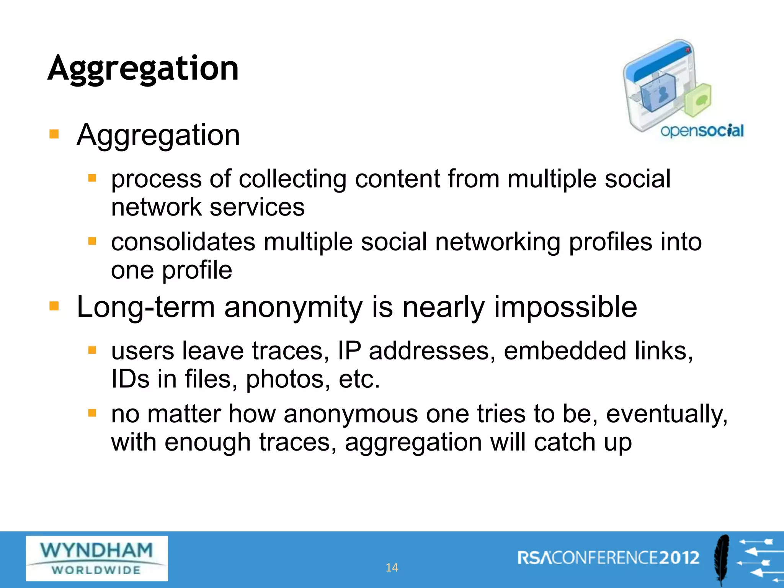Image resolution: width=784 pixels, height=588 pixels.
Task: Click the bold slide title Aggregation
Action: point(143,69)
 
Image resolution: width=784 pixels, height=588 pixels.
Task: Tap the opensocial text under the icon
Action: point(702,131)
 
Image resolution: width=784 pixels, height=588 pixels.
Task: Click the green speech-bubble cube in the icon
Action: point(698,100)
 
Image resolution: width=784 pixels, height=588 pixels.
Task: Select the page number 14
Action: point(392,567)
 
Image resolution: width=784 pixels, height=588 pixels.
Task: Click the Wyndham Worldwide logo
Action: point(97,558)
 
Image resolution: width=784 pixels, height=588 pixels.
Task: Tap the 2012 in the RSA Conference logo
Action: point(679,558)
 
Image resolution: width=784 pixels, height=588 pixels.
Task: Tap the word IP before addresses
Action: point(349,351)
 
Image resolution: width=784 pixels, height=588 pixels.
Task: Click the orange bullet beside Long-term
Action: point(54,306)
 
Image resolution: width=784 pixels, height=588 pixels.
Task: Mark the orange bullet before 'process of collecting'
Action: point(92,178)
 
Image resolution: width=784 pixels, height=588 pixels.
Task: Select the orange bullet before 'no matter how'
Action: point(92,413)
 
